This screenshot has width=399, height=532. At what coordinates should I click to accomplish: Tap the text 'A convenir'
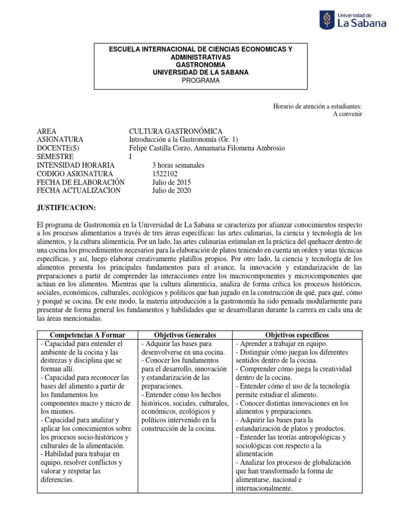[x=347, y=114]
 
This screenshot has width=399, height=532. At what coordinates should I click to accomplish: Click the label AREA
[x=47, y=131]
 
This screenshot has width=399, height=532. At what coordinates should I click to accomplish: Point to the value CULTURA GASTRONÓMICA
[x=176, y=131]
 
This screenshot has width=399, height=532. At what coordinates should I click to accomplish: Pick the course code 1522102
[x=164, y=174]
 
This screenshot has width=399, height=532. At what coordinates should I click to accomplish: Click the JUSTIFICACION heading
[x=66, y=208]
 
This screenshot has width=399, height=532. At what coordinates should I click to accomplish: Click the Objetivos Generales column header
[x=185, y=335]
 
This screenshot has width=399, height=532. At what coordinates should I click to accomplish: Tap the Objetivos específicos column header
[x=297, y=335]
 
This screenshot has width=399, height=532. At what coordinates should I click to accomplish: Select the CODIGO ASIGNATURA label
[x=75, y=174]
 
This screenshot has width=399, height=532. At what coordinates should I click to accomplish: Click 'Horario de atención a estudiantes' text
[x=317, y=106]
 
